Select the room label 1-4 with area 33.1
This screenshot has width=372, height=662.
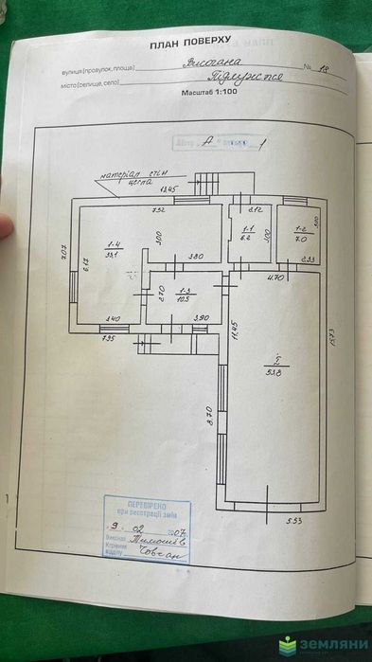tap(111, 249)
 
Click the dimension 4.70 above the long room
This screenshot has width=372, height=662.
tap(275, 277)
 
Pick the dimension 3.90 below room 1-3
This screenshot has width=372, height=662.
tap(201, 317)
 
